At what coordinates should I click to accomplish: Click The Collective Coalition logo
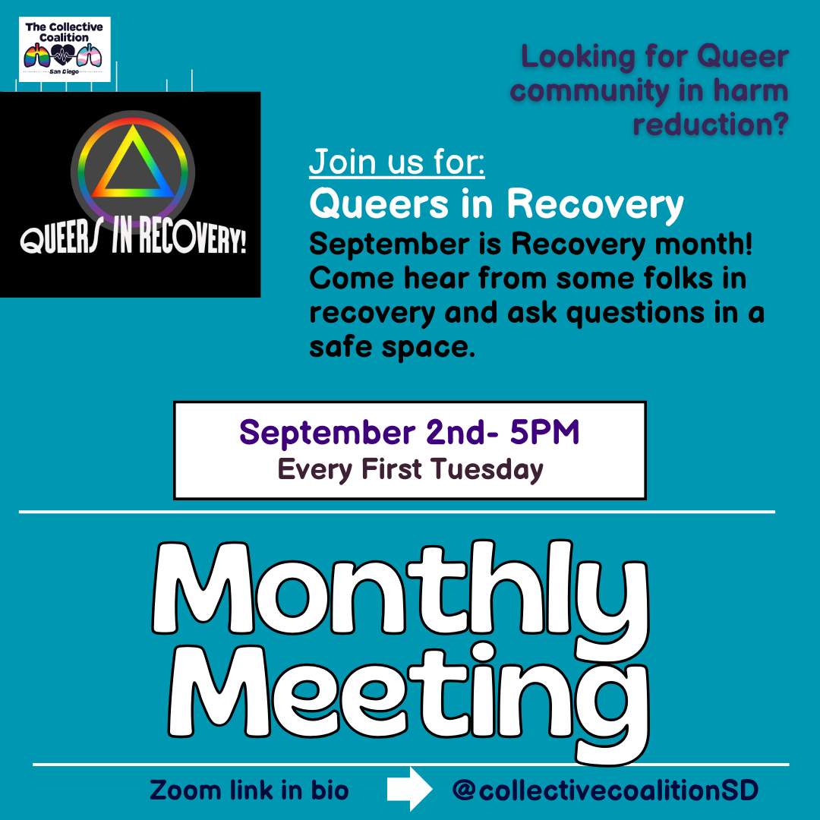click(x=65, y=49)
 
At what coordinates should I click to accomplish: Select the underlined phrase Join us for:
click(x=397, y=161)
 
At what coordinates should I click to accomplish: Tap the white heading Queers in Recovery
click(x=497, y=203)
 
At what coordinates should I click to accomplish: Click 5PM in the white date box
click(x=544, y=433)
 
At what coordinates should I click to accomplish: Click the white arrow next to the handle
click(x=409, y=789)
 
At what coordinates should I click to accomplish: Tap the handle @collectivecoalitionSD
click(x=604, y=790)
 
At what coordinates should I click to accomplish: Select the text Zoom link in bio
click(x=249, y=790)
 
